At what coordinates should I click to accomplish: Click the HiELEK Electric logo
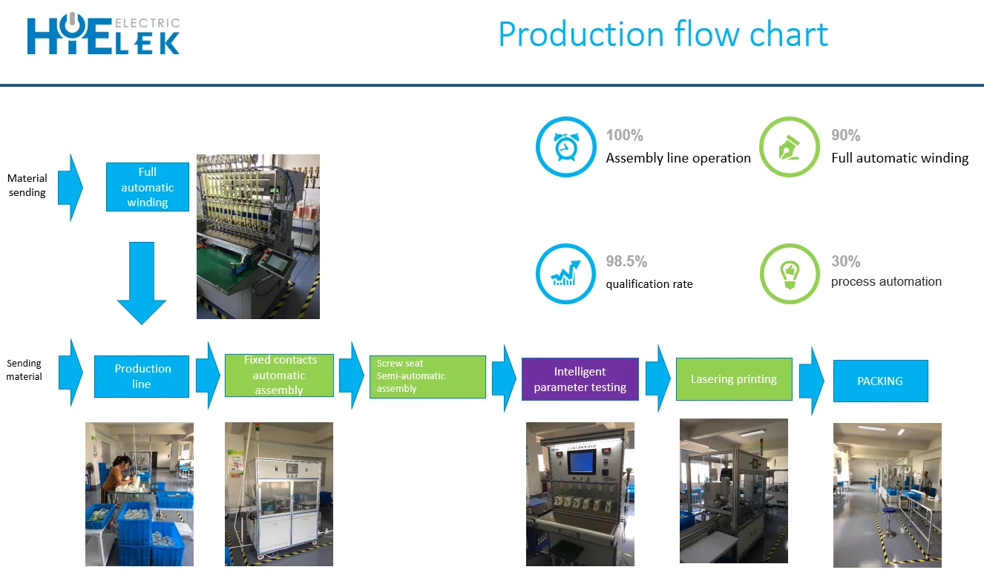103,34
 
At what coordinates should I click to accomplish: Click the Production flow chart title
663,34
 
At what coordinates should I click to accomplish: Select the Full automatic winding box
147,187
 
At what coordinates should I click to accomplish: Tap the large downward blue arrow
142,283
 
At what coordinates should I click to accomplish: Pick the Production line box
142,376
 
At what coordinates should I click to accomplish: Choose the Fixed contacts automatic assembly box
279,376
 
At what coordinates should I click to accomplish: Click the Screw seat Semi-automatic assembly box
427,376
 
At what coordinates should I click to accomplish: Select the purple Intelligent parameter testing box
580,379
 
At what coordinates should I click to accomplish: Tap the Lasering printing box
733,379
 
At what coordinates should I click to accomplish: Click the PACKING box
880,381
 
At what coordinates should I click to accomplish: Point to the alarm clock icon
565,147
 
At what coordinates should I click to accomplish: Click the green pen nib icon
789,147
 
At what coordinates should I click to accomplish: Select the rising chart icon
565,273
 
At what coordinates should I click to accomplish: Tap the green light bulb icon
789,273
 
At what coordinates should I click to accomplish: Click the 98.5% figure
626,261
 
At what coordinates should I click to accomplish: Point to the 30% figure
845,261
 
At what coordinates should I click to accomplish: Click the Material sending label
27,186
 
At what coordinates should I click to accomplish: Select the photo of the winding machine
258,236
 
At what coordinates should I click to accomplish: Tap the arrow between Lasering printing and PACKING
812,380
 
